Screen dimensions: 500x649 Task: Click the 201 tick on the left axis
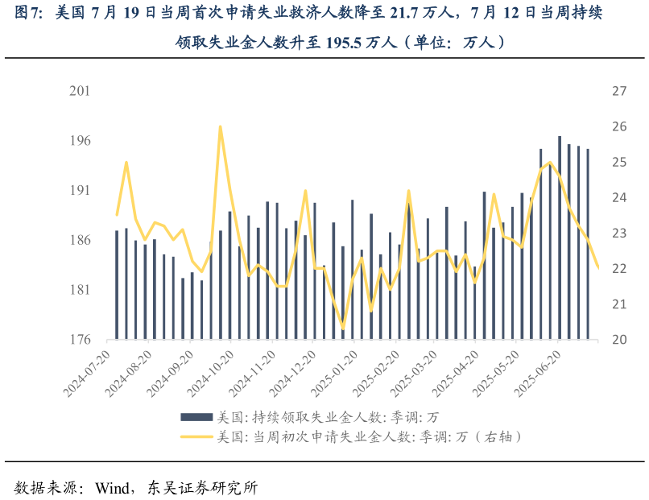click(80, 92)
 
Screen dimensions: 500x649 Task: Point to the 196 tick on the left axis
click(80, 141)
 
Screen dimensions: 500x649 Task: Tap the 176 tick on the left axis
click(80, 340)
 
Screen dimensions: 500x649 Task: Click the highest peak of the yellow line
click(220, 126)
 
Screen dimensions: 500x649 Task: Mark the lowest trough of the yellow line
click(344, 329)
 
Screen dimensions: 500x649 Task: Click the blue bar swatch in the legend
click(196, 417)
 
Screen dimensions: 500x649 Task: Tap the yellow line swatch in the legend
click(196, 437)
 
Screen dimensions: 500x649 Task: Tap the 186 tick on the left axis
click(80, 241)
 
